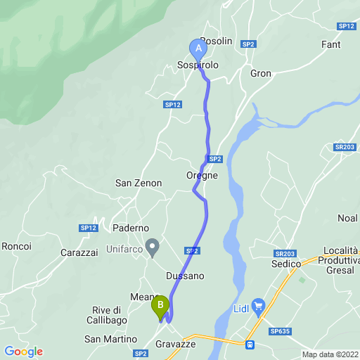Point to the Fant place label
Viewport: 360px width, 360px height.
(x=330, y=44)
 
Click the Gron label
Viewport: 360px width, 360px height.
(x=261, y=73)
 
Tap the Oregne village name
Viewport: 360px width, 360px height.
(x=202, y=176)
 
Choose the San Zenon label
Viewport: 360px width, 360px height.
(x=139, y=183)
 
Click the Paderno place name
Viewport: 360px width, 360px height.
(x=131, y=229)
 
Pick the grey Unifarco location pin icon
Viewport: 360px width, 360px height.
(x=151, y=247)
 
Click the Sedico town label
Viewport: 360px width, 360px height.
(x=286, y=264)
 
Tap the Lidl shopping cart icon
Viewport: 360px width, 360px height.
(x=258, y=306)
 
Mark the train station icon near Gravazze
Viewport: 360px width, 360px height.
(x=249, y=345)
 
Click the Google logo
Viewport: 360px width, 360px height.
(x=23, y=352)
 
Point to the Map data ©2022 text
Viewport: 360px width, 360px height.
(x=330, y=354)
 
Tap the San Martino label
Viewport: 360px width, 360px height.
(x=110, y=340)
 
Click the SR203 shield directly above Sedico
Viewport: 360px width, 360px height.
(x=285, y=253)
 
